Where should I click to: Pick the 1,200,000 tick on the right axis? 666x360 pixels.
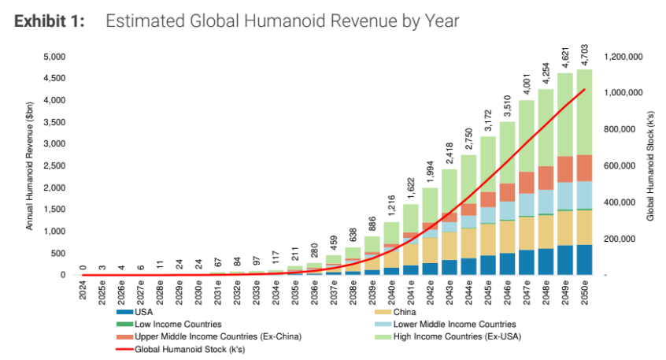coord(623,57)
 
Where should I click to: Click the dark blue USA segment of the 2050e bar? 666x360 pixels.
coord(584,260)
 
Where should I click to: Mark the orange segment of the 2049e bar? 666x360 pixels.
coord(565,169)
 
